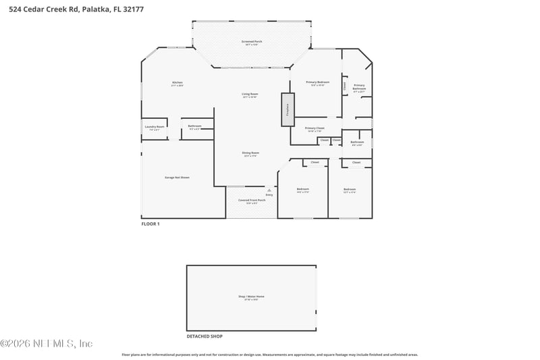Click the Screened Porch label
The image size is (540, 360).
pos(252,43)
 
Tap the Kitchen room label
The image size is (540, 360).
pos(177,83)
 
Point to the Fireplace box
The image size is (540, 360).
pos(287,109)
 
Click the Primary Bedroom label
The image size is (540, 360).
pos(317,83)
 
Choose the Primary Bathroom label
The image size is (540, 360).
pos(359,87)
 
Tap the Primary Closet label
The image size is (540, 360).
pos(315,129)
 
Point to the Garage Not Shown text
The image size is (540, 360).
pos(177,177)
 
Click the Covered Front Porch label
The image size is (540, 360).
pos(252,201)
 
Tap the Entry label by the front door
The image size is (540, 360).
pos(269,195)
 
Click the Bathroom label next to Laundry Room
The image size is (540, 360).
pos(194,126)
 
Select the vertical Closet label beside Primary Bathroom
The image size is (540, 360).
pos(344,86)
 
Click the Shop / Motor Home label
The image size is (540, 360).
pos(251,297)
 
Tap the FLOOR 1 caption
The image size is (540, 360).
pos(150,224)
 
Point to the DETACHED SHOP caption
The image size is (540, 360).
pos(205,336)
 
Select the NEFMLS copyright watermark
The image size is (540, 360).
pos(47,343)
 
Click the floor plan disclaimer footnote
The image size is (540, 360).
pos(269,355)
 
